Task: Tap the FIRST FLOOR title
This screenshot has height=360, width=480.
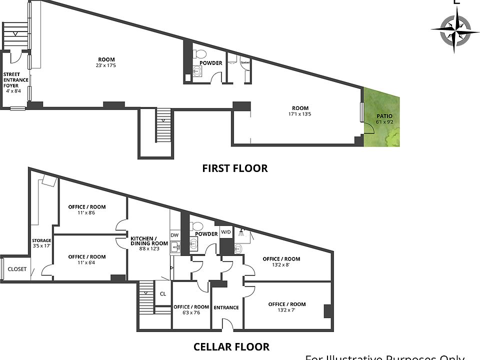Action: (234, 168)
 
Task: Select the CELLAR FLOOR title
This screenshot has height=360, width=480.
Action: (231, 346)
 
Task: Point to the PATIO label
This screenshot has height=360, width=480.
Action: (384, 116)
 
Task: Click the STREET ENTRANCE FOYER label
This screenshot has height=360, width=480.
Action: (16, 80)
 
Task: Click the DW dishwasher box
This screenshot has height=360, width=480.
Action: (174, 235)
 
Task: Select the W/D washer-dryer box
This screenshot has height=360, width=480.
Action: (226, 232)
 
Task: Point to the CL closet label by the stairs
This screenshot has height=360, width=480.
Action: (162, 294)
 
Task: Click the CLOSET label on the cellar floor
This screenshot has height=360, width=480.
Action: (17, 269)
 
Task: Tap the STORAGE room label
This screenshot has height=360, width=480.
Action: (41, 240)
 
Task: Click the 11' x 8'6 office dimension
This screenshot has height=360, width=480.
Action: (86, 213)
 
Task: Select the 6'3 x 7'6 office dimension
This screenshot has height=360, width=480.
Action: (191, 313)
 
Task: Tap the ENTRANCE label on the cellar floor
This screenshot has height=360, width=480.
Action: (226, 307)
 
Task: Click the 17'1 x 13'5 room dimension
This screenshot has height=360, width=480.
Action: (300, 114)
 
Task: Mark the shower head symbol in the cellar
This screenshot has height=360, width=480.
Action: (242, 232)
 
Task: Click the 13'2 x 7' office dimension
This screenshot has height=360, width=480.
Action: (286, 310)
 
